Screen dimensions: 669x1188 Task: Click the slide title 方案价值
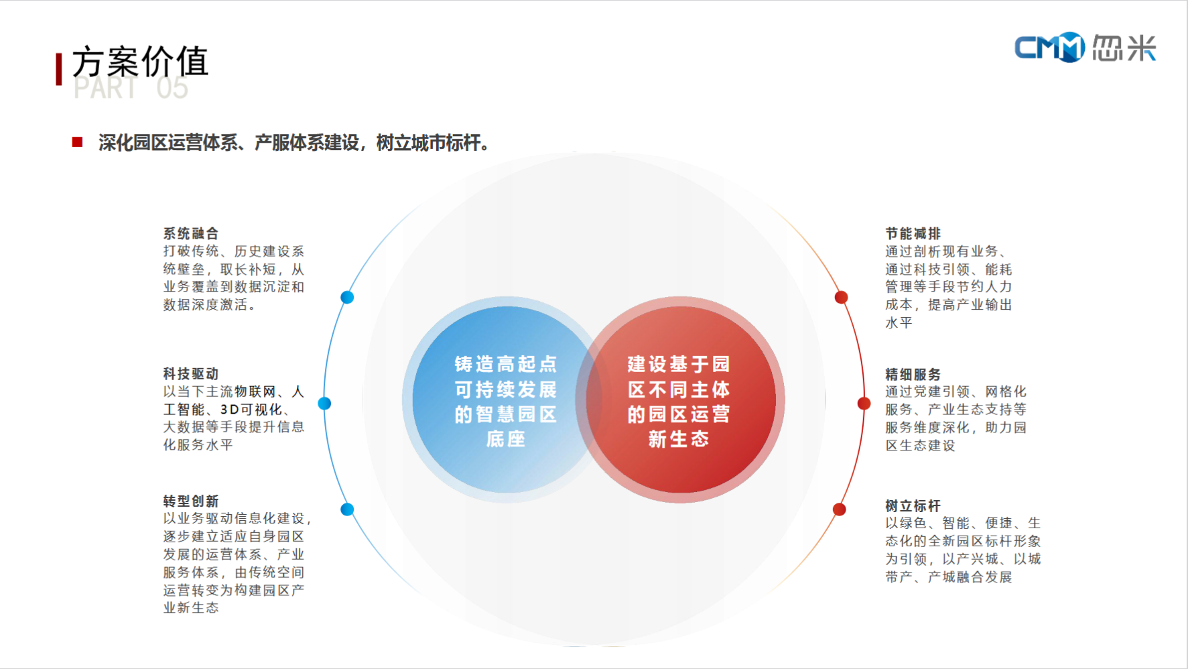[140, 62]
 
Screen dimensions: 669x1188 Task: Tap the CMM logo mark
[1049, 48]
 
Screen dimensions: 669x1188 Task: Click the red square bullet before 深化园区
[78, 142]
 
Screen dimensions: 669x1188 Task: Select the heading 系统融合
[191, 233]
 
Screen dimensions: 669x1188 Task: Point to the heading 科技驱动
[191, 373]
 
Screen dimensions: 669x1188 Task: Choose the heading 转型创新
[191, 501]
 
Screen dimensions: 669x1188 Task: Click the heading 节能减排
[913, 233]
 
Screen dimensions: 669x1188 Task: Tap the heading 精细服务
[913, 374]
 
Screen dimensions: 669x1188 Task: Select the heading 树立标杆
[913, 505]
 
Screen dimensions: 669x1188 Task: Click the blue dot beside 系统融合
[347, 297]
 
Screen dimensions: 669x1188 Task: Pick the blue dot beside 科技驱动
[324, 403]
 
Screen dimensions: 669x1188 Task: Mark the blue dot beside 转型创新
[347, 509]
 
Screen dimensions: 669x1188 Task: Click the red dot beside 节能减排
[841, 297]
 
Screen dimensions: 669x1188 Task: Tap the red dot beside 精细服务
[864, 403]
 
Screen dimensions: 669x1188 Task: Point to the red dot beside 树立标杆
[839, 509]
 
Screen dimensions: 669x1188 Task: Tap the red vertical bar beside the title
[59, 69]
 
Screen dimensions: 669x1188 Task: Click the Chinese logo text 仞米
[1124, 48]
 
